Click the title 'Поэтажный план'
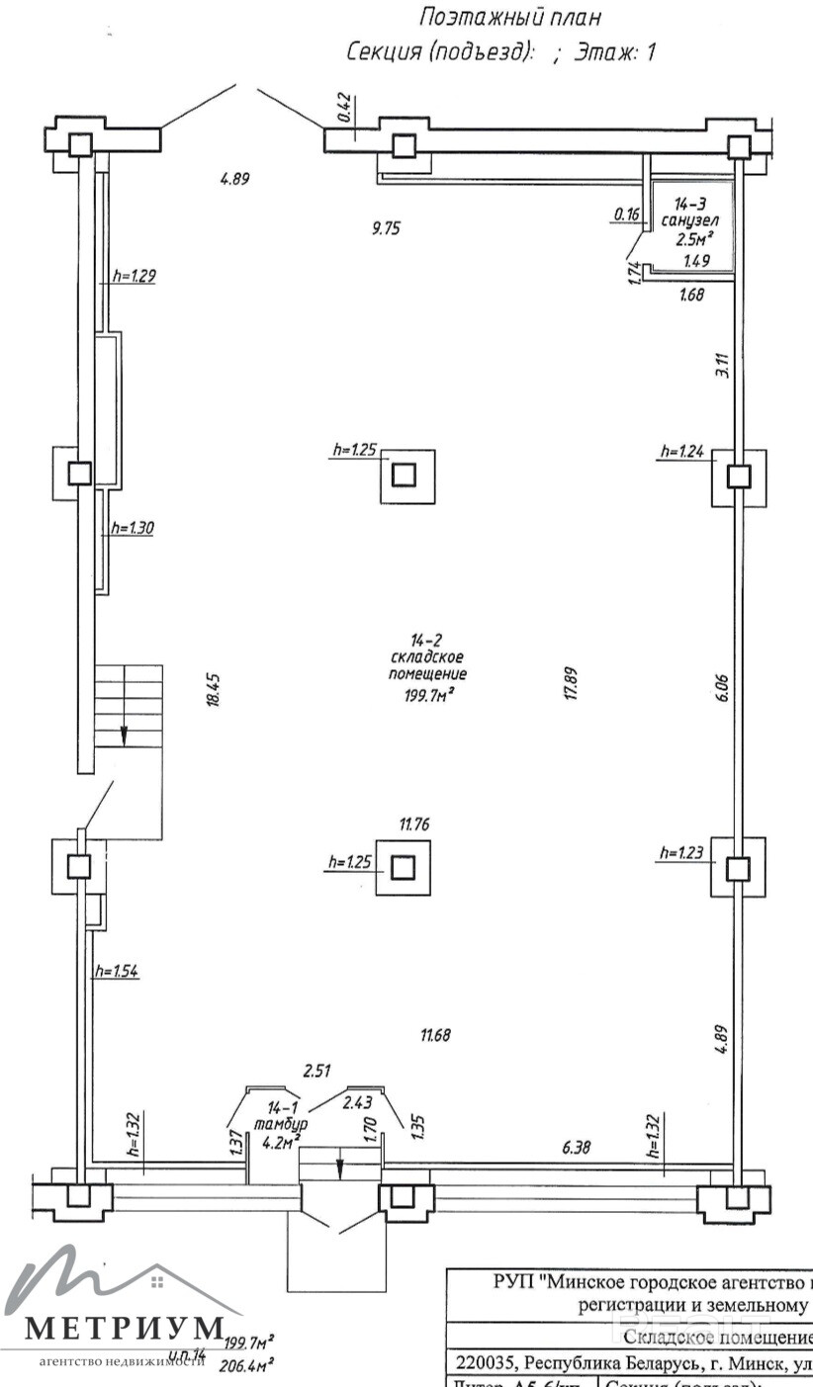pyautogui.click(x=511, y=17)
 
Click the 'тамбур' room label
pyautogui.click(x=280, y=1124)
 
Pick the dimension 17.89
pyautogui.click(x=571, y=683)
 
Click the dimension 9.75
pyautogui.click(x=386, y=227)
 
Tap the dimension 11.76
pyautogui.click(x=414, y=824)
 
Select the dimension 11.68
pyautogui.click(x=435, y=1035)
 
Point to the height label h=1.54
pyautogui.click(x=116, y=971)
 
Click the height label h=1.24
pyautogui.click(x=682, y=452)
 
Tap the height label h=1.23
pyautogui.click(x=680, y=852)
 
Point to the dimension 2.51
pyautogui.click(x=316, y=1070)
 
